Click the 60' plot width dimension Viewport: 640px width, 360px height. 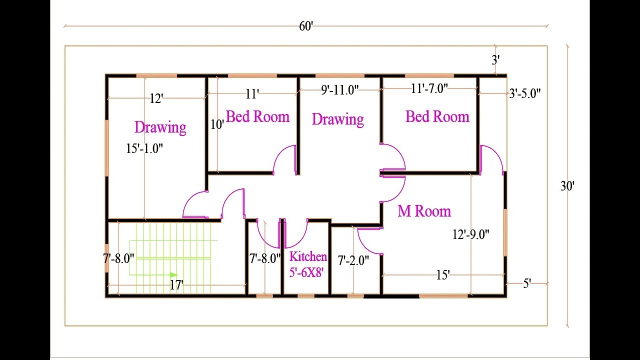(x=306, y=26)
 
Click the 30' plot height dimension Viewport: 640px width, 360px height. (x=567, y=186)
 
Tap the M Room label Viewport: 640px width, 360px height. (x=424, y=211)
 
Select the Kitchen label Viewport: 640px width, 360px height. (x=308, y=256)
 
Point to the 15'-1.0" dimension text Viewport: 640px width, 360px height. (x=144, y=148)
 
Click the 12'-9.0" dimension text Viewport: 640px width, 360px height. (x=471, y=234)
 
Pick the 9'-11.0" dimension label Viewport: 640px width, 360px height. (x=339, y=90)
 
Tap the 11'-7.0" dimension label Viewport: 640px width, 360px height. (x=429, y=88)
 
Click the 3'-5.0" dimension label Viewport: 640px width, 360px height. (x=525, y=93)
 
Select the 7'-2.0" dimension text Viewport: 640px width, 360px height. (x=353, y=260)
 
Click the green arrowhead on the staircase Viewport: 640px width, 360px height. (x=173, y=275)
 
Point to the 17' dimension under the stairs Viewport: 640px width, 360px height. (x=176, y=285)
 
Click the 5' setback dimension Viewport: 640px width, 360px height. (x=527, y=283)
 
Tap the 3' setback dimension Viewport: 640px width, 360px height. (x=495, y=60)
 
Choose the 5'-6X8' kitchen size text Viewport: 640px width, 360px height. (x=306, y=272)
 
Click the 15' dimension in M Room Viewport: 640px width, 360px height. (x=443, y=275)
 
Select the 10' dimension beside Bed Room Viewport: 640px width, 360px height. (x=217, y=124)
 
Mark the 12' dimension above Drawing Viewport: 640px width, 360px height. (x=156, y=99)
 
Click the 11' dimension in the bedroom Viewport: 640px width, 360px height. (x=252, y=94)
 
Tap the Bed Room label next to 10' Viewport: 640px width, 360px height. (x=257, y=116)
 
